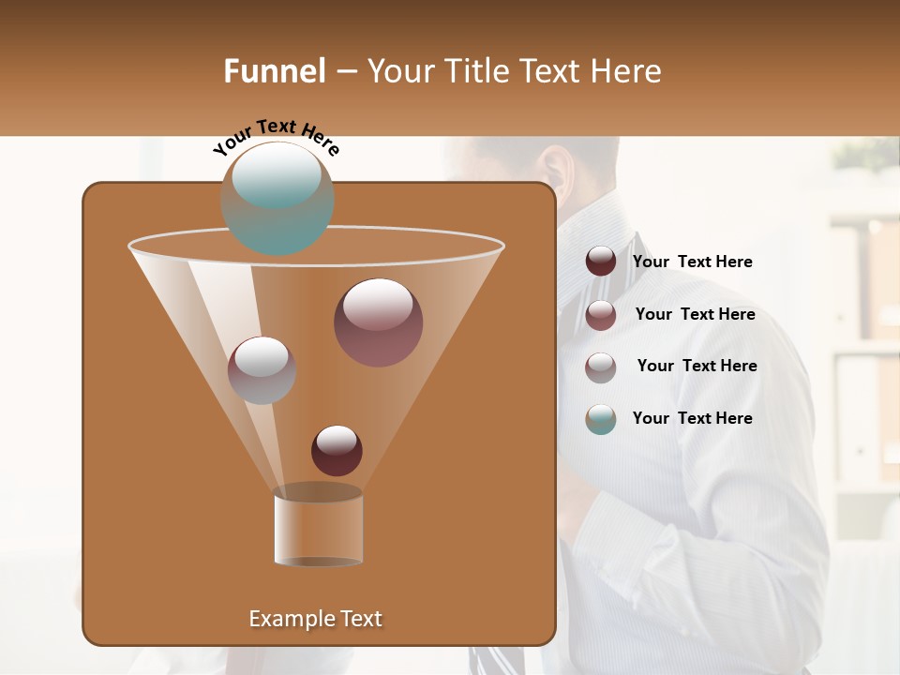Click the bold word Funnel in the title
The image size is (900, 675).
click(274, 71)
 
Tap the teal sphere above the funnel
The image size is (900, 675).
click(277, 198)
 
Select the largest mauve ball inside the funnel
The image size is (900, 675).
click(378, 322)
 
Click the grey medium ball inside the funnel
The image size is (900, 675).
click(262, 369)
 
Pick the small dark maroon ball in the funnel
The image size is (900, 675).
click(337, 450)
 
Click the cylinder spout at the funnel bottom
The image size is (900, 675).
click(318, 527)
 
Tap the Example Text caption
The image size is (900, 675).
click(315, 619)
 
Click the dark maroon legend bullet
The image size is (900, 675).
click(601, 262)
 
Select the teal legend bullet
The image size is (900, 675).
click(601, 419)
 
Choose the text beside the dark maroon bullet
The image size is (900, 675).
click(692, 262)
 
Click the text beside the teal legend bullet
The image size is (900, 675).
click(692, 418)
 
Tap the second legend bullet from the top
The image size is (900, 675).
click(601, 315)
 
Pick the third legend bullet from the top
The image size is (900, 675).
click(601, 367)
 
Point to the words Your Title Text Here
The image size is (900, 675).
click(514, 71)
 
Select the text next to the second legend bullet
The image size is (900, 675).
click(695, 315)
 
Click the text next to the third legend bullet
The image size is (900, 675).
click(697, 367)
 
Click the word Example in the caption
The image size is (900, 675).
click(286, 619)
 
